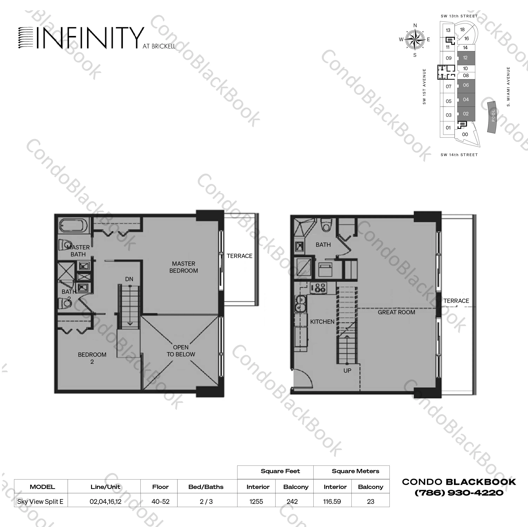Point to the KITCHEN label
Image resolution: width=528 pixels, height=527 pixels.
(x=322, y=322)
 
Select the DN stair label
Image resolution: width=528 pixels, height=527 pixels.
(x=129, y=279)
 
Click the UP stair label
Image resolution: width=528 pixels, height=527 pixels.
(x=347, y=370)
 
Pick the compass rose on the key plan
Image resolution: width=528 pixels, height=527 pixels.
(x=415, y=40)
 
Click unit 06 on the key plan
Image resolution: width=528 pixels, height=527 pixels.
(x=466, y=85)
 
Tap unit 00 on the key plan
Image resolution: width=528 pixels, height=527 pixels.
(x=465, y=134)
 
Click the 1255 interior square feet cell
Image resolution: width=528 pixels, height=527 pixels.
(x=256, y=501)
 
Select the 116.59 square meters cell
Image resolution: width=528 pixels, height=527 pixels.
(x=332, y=501)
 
